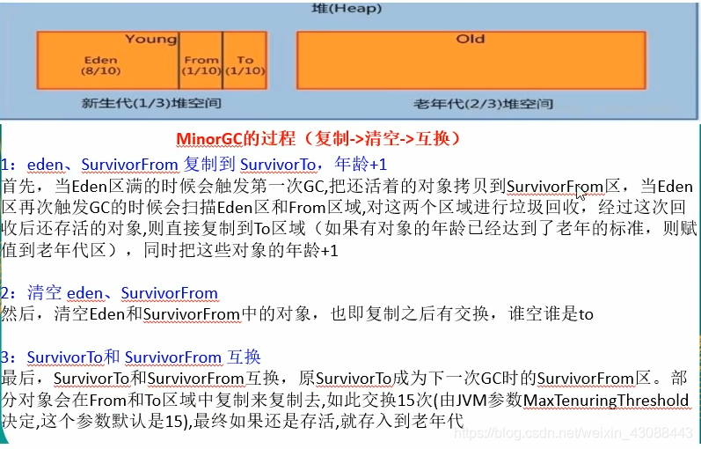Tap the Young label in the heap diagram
(x=150, y=39)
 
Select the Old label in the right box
(x=470, y=39)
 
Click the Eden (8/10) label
(x=100, y=65)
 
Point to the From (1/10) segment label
(x=201, y=65)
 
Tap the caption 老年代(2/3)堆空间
(x=484, y=103)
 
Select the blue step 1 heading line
(x=194, y=164)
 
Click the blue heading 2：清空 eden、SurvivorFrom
(x=109, y=292)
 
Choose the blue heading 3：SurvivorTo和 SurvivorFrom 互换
(x=131, y=357)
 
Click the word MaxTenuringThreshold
(x=606, y=400)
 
